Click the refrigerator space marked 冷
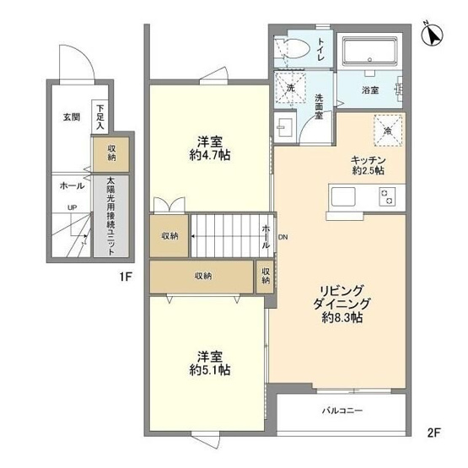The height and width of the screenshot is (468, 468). [389, 131]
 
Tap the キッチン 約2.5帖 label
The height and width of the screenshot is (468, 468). [368, 164]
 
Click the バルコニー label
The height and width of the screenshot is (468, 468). [342, 412]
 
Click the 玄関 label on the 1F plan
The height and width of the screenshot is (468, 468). [71, 117]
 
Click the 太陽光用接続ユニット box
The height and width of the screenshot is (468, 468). [111, 215]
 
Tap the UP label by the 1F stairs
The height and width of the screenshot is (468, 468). [73, 207]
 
